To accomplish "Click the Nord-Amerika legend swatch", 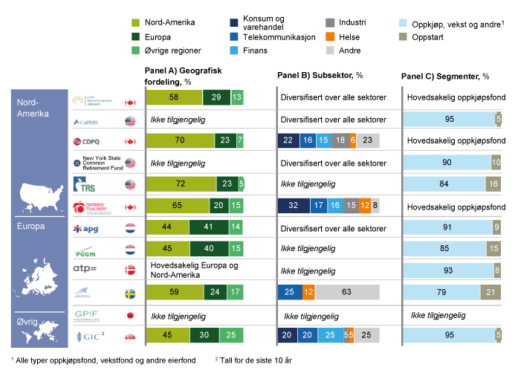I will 136,22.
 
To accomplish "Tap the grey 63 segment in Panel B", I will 346,293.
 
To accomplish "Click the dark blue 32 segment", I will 293,205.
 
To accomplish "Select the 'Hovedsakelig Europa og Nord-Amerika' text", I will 194,271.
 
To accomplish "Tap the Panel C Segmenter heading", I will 445,77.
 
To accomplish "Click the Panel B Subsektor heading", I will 320,76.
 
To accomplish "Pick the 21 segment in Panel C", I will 490,293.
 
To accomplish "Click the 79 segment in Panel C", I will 441,293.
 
